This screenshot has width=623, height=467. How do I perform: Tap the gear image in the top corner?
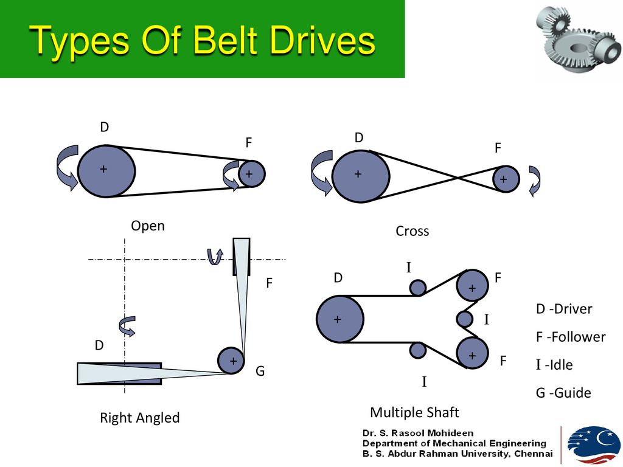[x=579, y=38]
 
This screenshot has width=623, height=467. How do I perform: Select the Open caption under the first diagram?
[x=148, y=226]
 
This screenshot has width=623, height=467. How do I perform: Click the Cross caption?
[x=412, y=231]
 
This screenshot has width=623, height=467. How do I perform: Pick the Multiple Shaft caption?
[x=414, y=413]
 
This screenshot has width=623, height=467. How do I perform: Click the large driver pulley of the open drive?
[x=106, y=171]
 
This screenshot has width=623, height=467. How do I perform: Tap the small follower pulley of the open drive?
[x=251, y=173]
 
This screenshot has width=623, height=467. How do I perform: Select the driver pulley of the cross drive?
[x=361, y=176]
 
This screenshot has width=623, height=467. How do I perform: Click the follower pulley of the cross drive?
[x=506, y=179]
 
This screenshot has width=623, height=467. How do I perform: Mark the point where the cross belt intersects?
[x=458, y=178]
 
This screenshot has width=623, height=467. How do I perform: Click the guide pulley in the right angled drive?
[x=231, y=360]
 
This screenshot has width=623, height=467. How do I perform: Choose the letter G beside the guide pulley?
[x=260, y=371]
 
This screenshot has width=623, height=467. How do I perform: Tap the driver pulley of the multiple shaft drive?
[x=340, y=319]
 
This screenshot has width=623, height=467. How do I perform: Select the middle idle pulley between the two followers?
[x=464, y=319]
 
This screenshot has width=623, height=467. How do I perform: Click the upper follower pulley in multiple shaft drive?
[x=472, y=286]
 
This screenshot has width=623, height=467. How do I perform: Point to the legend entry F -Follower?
[x=571, y=337]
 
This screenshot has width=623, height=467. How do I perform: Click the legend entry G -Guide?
[x=563, y=393]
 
